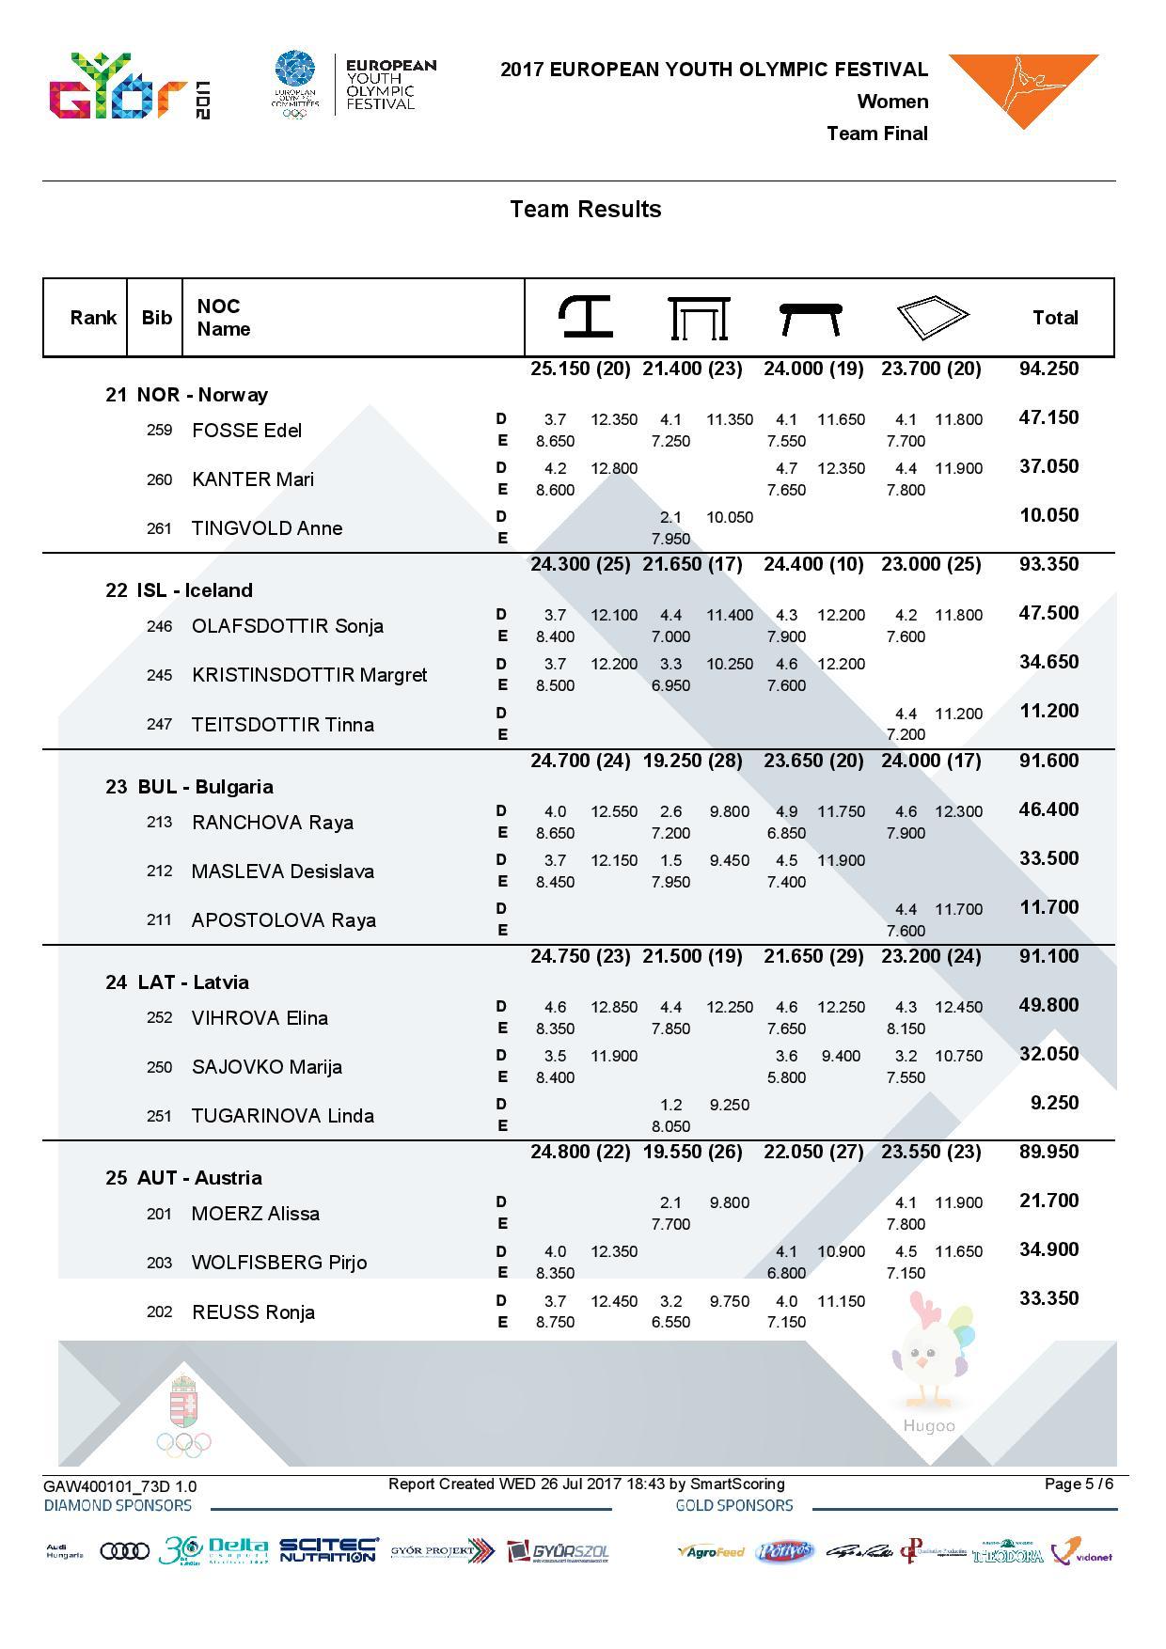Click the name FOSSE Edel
[x=246, y=431]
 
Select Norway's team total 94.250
[x=1048, y=369]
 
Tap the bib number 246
[x=159, y=626]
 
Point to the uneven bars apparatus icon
[x=699, y=318]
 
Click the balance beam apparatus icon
[x=811, y=318]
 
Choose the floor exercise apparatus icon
[x=931, y=317]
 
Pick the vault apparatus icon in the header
[x=585, y=317]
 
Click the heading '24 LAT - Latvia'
[x=177, y=982]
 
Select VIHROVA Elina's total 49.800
[x=1048, y=1005]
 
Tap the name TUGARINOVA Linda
[x=282, y=1116]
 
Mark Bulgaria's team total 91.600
[x=1048, y=761]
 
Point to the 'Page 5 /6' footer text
[x=1079, y=1484]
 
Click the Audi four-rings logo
[x=124, y=1550]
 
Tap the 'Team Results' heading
[x=585, y=209]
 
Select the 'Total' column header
[x=1055, y=318]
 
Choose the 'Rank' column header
[x=93, y=318]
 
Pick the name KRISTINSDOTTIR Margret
[x=308, y=675]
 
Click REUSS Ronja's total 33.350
[x=1048, y=1298]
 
